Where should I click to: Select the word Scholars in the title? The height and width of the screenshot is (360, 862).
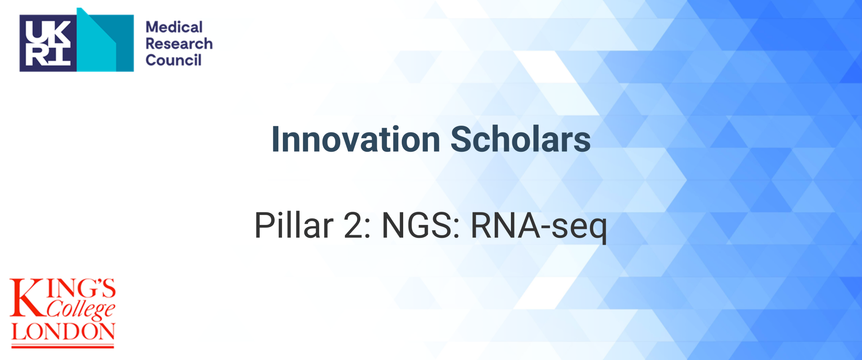[520, 140]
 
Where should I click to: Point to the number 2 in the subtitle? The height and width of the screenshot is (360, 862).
[354, 225]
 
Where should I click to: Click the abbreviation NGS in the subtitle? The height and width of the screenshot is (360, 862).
[418, 225]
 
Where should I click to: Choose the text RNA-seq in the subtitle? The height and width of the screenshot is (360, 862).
[538, 226]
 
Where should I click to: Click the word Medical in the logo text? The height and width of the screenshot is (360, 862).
[174, 27]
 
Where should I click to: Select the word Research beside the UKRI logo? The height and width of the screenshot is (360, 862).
[179, 44]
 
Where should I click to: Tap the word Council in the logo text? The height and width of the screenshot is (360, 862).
[173, 60]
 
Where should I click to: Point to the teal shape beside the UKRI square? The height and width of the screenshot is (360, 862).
[106, 43]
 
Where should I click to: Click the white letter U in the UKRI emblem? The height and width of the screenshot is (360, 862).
[35, 31]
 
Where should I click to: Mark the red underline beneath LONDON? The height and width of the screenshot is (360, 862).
[63, 346]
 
